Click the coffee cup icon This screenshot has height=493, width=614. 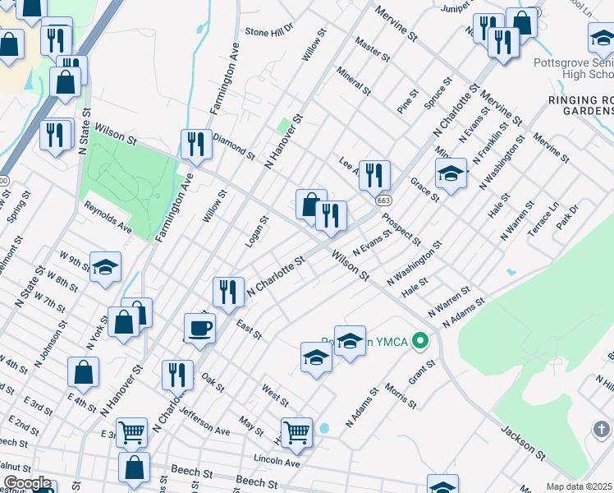199,329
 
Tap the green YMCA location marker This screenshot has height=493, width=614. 421,339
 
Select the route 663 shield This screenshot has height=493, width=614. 383,200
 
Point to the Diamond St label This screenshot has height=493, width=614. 234,145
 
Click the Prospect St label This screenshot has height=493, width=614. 401,230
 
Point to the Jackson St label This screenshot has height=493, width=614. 523,442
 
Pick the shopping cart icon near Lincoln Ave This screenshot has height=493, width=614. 296,431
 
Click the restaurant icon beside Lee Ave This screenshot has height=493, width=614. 373,174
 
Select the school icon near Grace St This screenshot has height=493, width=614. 451,174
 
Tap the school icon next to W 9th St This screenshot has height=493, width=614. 105,266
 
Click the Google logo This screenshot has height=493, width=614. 27,483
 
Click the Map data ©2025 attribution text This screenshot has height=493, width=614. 579,486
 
